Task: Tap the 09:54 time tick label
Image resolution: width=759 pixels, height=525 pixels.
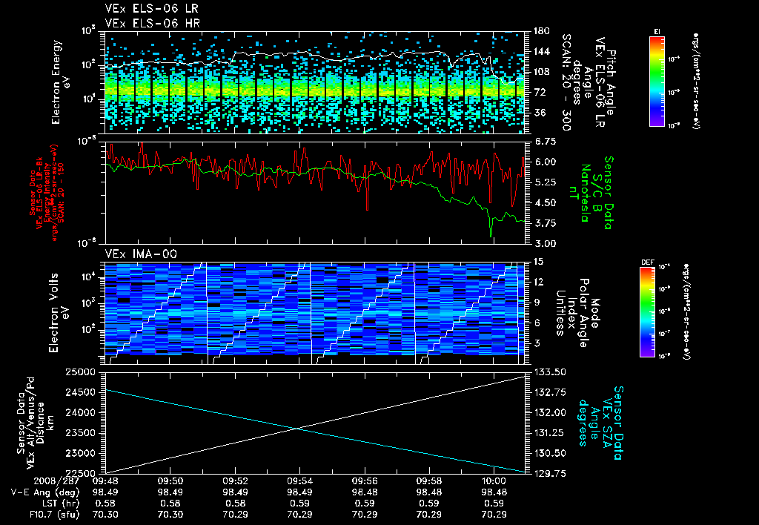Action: coord(299,481)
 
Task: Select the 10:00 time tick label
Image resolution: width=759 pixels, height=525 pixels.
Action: coord(494,481)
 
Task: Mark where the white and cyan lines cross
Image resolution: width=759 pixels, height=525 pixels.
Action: coord(298,427)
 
